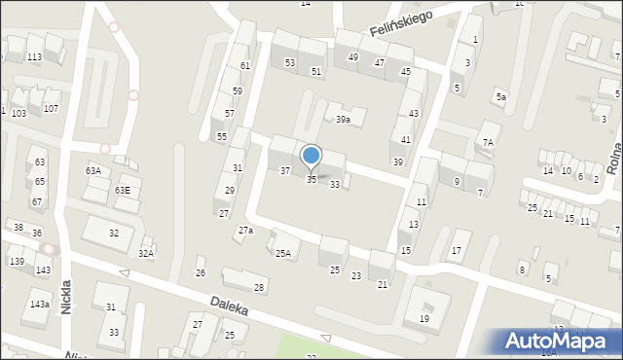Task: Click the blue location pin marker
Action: pyautogui.click(x=311, y=157)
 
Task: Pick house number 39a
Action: pyautogui.click(x=343, y=120)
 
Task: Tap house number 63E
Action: pyautogui.click(x=123, y=190)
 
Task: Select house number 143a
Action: pyautogui.click(x=39, y=305)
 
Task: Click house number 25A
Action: pyautogui.click(x=282, y=254)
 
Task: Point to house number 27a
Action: pyautogui.click(x=245, y=231)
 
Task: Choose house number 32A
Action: pyautogui.click(x=145, y=253)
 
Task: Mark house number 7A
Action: pyautogui.click(x=489, y=142)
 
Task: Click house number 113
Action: pyautogui.click(x=34, y=57)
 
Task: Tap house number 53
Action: pyautogui.click(x=289, y=62)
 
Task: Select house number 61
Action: pyautogui.click(x=245, y=65)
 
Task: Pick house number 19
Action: pyautogui.click(x=424, y=318)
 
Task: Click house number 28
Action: pyautogui.click(x=259, y=287)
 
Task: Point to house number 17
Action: pyautogui.click(x=455, y=251)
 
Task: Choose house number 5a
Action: pyautogui.click(x=500, y=97)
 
